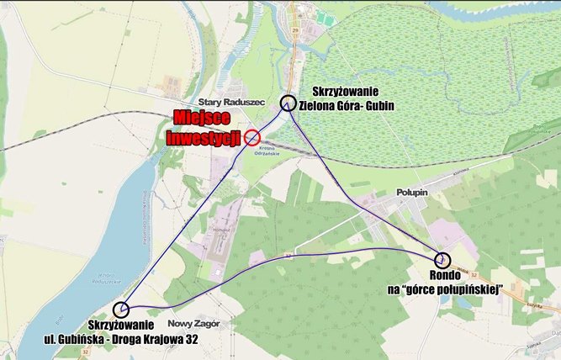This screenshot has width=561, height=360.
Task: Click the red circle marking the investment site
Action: pyautogui.click(x=252, y=138)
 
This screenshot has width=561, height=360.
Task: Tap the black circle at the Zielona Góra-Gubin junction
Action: pyautogui.click(x=288, y=103)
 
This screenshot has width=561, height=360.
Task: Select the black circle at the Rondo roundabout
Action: pyautogui.click(x=442, y=260)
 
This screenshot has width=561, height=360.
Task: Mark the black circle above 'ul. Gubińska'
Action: pyautogui.click(x=122, y=310)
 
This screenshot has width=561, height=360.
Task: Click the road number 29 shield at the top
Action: pyautogui.click(x=295, y=28)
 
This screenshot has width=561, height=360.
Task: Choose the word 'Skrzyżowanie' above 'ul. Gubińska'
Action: pyautogui.click(x=121, y=325)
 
